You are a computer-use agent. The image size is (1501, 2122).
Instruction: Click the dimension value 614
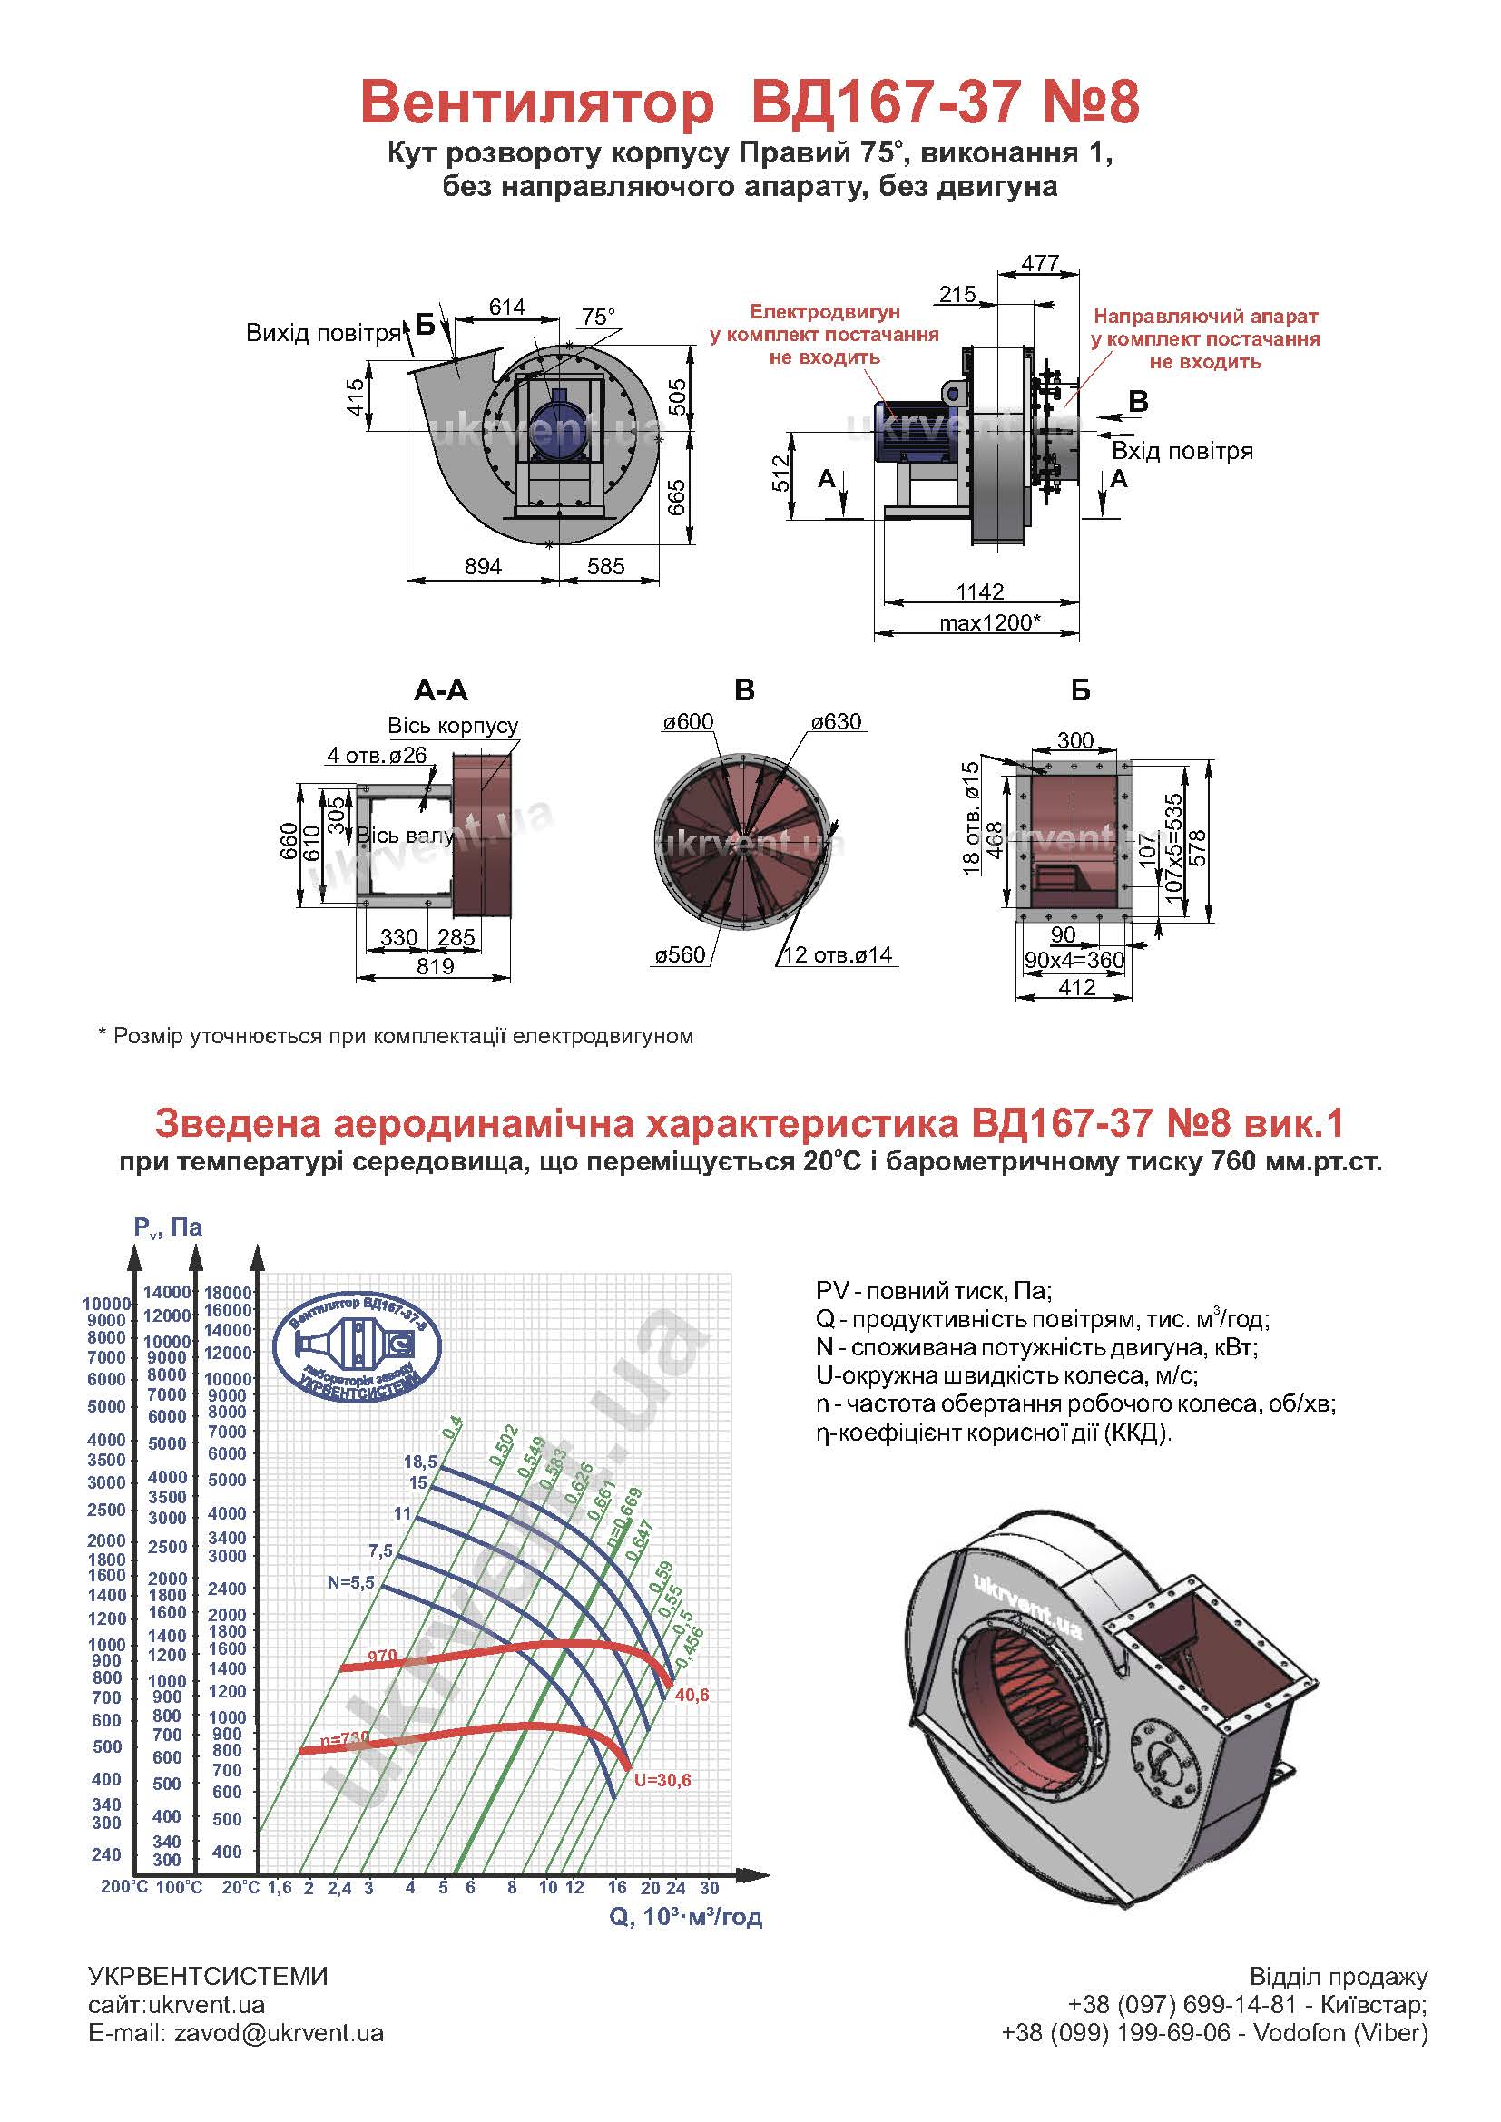coord(506,307)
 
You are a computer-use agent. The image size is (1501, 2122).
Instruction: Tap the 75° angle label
coord(598,317)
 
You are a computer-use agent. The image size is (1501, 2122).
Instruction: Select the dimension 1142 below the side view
coord(980,592)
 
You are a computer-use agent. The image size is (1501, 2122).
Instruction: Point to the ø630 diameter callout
coord(836,722)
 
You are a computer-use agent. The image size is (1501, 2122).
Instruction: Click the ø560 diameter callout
coord(680,954)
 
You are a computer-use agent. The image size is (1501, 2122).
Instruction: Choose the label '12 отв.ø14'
coord(839,954)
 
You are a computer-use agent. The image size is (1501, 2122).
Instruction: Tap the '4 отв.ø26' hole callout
coord(378,755)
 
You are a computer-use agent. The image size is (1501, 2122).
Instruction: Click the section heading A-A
coord(441,690)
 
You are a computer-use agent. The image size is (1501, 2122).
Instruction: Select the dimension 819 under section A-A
coord(436,966)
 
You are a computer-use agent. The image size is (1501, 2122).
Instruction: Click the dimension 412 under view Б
coord(1076,987)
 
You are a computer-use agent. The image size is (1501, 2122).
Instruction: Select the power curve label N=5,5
coord(350,1582)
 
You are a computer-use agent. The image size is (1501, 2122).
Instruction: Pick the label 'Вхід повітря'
coord(1182,452)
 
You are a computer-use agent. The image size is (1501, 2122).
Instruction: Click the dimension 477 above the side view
coord(1040,263)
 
